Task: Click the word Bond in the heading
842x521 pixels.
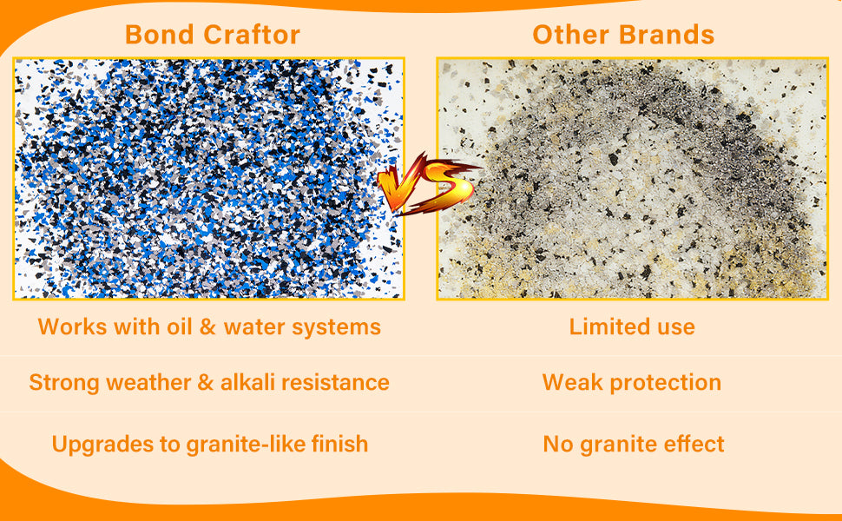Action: click(159, 35)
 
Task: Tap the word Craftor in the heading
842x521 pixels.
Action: click(252, 35)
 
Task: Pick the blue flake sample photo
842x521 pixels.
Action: click(208, 178)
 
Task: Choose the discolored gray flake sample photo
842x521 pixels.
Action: click(632, 178)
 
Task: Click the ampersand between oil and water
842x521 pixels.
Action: click(207, 327)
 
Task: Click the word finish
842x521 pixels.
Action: click(340, 445)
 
